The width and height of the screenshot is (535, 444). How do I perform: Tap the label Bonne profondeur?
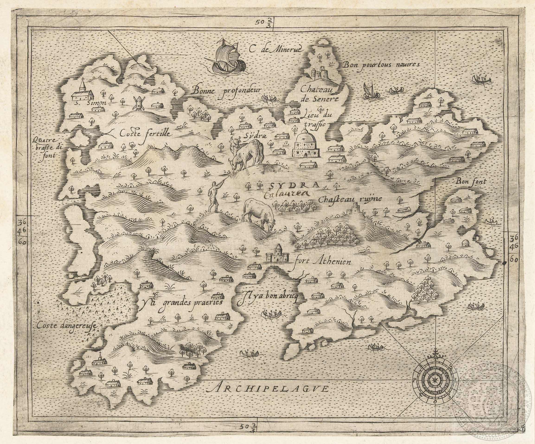[x=227, y=90]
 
